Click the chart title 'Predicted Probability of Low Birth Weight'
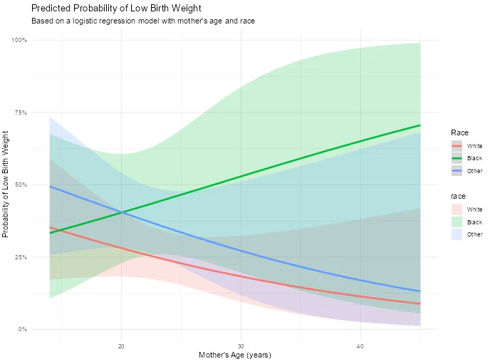pos(116,8)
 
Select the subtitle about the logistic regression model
pos(143,21)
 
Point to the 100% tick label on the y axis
pos(19,40)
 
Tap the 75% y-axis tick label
pos(21,113)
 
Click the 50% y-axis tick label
pos(21,184)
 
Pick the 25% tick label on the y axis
pos(21,257)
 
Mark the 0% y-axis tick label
pos(22,329)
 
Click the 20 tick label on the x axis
pos(121,346)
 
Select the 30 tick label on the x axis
pos(241,346)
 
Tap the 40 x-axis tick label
pos(360,346)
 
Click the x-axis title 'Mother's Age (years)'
pos(235,355)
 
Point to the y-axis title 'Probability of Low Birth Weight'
pos(5,184)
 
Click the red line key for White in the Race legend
pos(457,146)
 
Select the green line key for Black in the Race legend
pos(457,158)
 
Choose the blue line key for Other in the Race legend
pos(457,171)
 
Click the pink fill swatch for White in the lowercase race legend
pos(457,209)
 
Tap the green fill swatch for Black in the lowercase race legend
pos(457,222)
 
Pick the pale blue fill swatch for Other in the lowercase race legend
pos(457,234)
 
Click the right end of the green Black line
pos(420,125)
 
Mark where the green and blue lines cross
pos(123,212)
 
